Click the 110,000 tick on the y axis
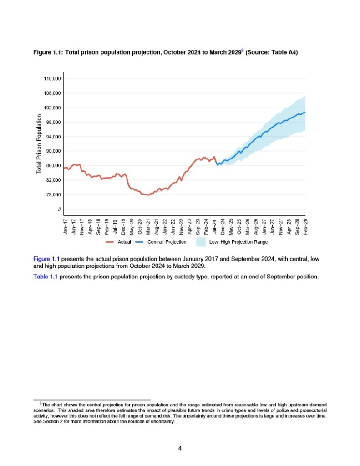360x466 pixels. coord(52,79)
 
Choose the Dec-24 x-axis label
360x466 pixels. coord(223,227)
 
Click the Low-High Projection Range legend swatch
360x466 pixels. coord(201,241)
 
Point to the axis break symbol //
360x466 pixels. coord(59,210)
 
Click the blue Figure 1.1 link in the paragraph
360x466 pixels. coord(46,259)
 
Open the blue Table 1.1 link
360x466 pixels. coord(45,276)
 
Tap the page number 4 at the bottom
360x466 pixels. coord(180,448)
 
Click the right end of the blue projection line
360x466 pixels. coord(305,112)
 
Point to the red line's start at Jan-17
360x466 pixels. coord(64,169)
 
